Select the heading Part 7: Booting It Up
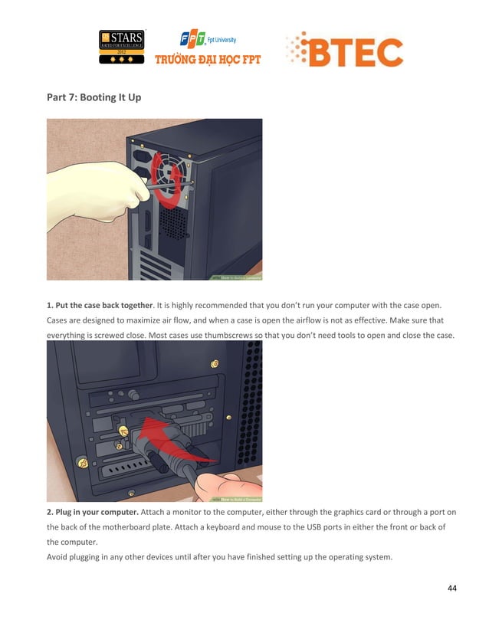94,97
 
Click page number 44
451,588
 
